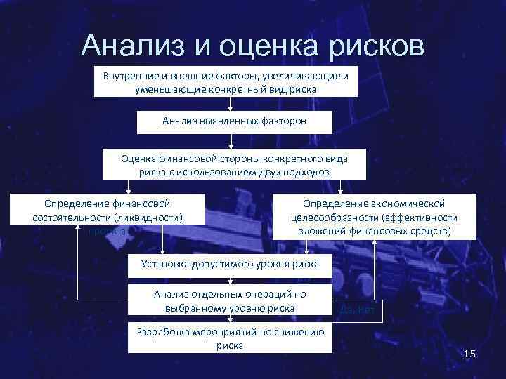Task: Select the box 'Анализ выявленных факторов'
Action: tap(234, 122)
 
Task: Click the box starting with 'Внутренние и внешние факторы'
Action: tap(226, 82)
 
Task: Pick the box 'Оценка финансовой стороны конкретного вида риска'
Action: tap(234, 166)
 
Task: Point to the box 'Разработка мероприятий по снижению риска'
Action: tap(230, 339)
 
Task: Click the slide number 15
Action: tap(470, 356)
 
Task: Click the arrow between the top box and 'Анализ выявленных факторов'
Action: tap(231, 104)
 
